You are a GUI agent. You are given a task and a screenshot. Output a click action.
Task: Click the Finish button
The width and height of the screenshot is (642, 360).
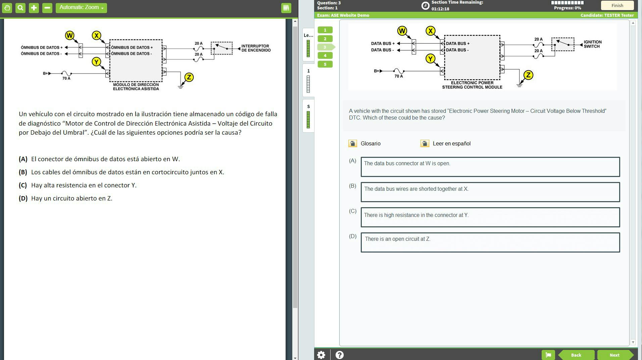coord(617,5)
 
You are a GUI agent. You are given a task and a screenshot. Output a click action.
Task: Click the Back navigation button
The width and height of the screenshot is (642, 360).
coord(576,355)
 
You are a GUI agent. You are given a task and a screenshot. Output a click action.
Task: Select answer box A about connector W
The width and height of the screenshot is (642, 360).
coord(490,167)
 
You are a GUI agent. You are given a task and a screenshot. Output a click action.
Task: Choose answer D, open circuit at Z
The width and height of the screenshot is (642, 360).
coord(490,242)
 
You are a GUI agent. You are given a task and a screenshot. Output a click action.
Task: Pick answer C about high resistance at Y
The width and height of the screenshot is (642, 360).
coord(490,217)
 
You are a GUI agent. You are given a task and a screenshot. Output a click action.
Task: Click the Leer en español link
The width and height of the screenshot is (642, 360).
coord(451,143)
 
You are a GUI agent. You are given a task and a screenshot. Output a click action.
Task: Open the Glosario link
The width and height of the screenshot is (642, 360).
coord(370,143)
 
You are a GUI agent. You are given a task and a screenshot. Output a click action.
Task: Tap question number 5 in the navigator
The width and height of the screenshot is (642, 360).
coord(325,64)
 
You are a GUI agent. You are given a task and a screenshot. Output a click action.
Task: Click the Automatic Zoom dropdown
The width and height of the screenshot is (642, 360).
coord(81,7)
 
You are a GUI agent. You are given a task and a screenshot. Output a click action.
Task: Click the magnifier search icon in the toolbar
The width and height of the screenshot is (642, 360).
coord(20,8)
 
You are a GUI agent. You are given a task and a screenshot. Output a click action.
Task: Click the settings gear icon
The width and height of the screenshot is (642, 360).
coord(321,355)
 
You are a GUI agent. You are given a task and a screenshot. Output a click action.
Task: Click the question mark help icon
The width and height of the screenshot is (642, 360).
coord(339,355)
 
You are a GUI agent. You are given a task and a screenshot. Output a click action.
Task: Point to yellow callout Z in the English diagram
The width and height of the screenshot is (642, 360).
coord(528,75)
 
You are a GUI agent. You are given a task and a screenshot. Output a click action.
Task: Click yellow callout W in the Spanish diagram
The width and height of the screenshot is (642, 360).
coord(69,35)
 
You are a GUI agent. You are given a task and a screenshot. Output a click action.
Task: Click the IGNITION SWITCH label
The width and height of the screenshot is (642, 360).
coord(592,44)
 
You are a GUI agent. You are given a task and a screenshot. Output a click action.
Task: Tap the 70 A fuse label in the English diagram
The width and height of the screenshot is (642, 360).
coord(398,76)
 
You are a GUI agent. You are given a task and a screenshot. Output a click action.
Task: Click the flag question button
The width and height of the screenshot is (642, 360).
coord(548,355)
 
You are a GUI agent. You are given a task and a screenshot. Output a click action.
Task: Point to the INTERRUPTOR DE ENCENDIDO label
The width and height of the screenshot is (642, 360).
coord(256,48)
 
